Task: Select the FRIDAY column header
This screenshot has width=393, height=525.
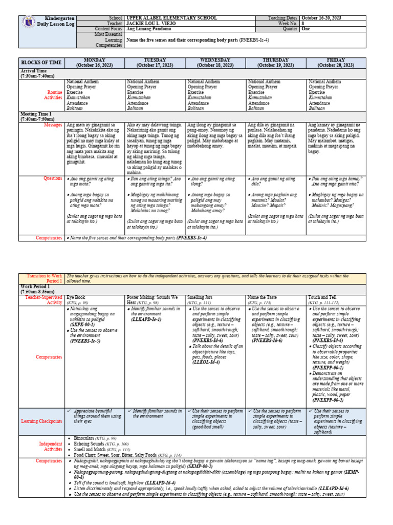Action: (336, 63)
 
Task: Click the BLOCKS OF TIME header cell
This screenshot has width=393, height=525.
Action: (41, 63)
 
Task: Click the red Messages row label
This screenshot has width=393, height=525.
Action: (53, 125)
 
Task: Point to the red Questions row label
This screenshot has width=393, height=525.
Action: (53, 178)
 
